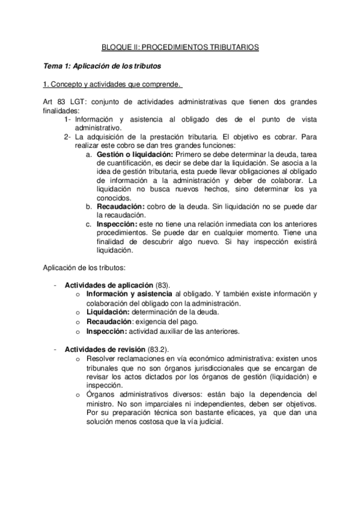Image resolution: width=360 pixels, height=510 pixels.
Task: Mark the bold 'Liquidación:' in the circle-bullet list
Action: [x=108, y=312]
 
